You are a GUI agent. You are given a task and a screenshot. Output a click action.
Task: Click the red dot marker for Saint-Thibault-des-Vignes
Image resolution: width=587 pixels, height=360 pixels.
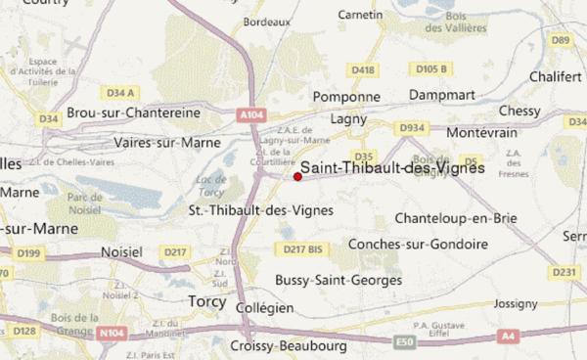point(297,177)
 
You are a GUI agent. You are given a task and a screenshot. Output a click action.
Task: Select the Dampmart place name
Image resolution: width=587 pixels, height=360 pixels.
point(435,97)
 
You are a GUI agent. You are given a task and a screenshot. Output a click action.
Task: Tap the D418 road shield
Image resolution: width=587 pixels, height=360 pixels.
point(363,70)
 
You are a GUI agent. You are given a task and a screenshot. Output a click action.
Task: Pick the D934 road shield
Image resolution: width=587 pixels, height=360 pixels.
point(411,128)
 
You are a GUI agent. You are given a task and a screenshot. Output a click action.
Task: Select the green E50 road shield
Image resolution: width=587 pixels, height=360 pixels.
point(402,341)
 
